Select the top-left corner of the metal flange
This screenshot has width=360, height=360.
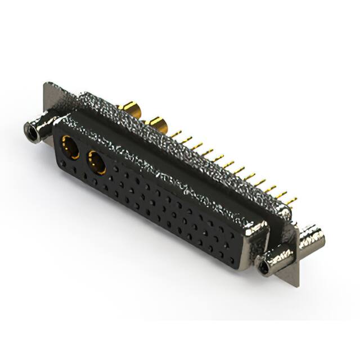[x=45, y=84]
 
